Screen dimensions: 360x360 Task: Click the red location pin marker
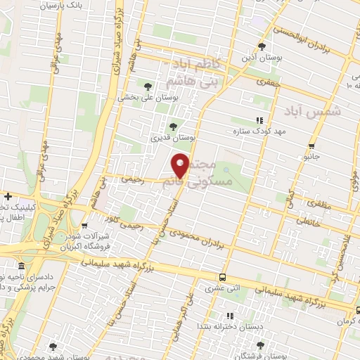click(x=181, y=166)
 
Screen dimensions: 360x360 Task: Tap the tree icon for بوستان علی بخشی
click(x=148, y=86)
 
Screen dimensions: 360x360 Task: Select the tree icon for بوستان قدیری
click(x=173, y=127)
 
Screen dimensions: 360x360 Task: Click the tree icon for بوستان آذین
click(x=262, y=46)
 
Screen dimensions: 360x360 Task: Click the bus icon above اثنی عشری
click(x=223, y=277)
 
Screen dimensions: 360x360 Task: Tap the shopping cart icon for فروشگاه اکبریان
click(x=85, y=226)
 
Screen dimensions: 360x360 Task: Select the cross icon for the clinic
click(x=8, y=196)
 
